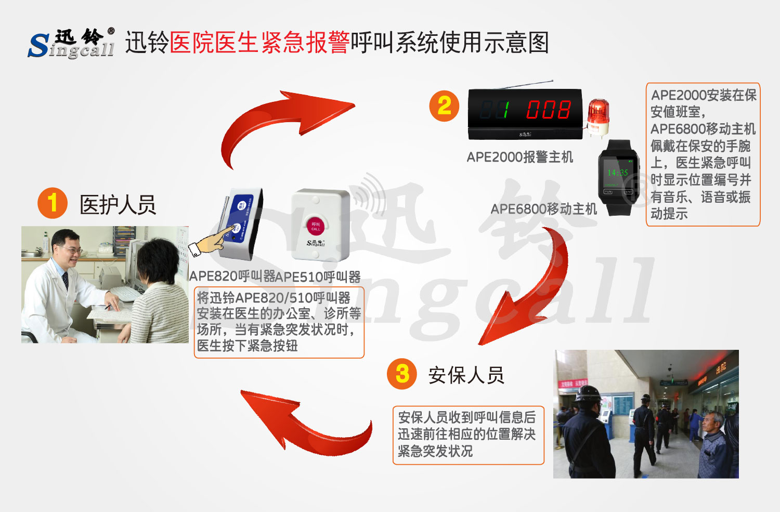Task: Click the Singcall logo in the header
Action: coord(71,43)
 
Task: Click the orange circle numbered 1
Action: coord(53,203)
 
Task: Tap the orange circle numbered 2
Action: coord(444,107)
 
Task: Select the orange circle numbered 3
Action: coord(402,374)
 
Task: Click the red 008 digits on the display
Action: coord(548,110)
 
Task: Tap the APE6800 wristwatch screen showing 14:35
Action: coord(618,173)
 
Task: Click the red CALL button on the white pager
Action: coord(316,227)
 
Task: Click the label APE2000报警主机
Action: coord(519,157)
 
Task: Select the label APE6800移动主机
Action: coord(544,209)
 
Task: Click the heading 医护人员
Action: coord(118,205)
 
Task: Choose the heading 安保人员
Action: coord(466,375)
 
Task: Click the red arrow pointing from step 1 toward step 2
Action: coord(281,125)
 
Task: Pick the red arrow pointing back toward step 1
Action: coord(307,421)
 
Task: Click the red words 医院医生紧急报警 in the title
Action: coord(259,43)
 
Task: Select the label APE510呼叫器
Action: coord(318,277)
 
